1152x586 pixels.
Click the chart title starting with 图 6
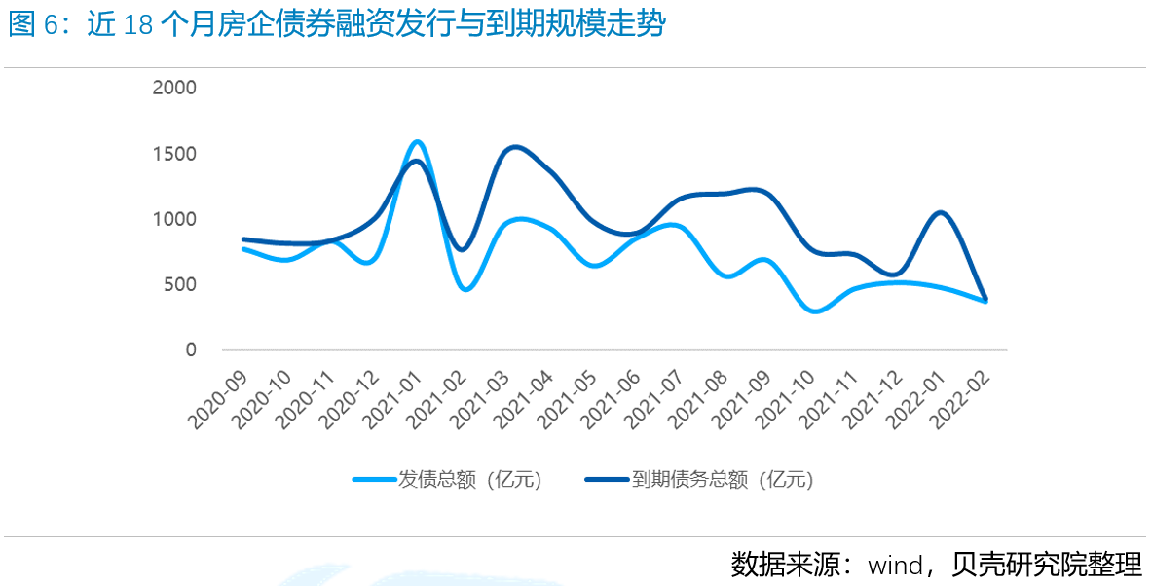coord(336,25)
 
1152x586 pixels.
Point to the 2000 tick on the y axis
coord(174,88)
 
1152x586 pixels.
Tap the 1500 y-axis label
coord(174,154)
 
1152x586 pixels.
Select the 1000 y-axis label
coord(174,220)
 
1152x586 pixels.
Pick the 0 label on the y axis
coord(191,350)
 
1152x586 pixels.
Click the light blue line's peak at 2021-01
coord(417,142)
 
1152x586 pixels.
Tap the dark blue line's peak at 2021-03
coord(515,147)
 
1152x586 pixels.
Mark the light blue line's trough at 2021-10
coord(816,311)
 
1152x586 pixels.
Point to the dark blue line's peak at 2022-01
coord(940,212)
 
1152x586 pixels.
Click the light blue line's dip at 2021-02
coord(465,289)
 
